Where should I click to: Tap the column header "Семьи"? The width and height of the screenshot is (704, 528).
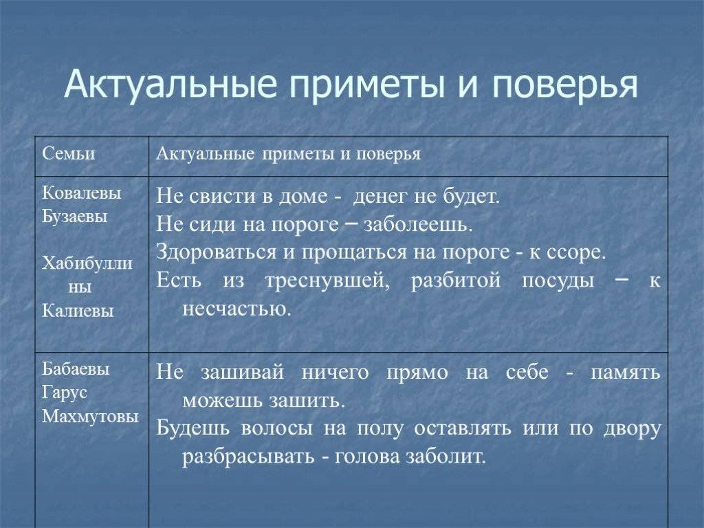click(x=69, y=153)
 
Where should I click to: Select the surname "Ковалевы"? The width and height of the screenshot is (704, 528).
click(x=82, y=193)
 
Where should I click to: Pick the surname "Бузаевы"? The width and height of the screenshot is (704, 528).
click(x=75, y=216)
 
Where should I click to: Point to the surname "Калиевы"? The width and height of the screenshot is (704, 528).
click(x=78, y=311)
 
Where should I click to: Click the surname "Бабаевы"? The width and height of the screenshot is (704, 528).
click(x=76, y=369)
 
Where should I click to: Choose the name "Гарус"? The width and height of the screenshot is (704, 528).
click(x=64, y=393)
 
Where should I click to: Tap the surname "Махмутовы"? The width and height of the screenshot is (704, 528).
click(x=90, y=416)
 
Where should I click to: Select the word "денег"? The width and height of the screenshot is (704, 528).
click(x=381, y=197)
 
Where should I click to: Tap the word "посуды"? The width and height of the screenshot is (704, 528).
click(x=548, y=280)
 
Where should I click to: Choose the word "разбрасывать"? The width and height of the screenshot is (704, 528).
click(x=248, y=457)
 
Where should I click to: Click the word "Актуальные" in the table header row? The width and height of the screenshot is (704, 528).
click(x=204, y=153)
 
